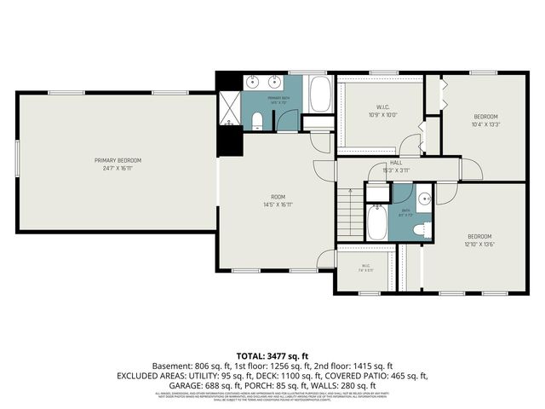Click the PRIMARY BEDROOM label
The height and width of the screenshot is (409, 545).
click(x=118, y=164)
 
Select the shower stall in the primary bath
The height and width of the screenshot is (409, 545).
click(x=227, y=107)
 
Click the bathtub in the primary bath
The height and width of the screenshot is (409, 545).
click(x=320, y=95)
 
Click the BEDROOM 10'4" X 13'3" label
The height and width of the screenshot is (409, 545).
click(x=485, y=120)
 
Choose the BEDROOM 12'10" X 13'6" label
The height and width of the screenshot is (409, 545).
click(x=479, y=239)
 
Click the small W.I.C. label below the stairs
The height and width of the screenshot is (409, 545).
click(x=365, y=268)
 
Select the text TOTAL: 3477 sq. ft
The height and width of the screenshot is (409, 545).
click(x=272, y=354)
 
